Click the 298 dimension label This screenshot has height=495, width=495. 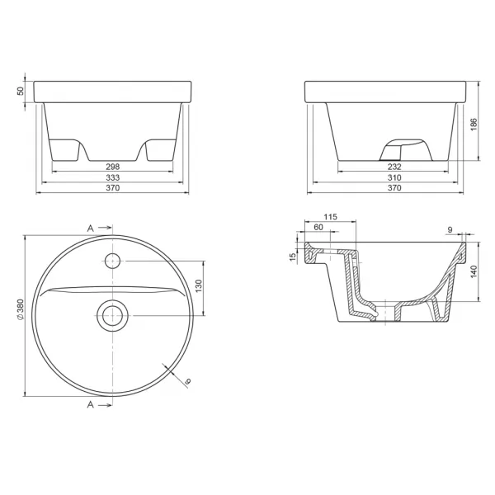(x=113, y=167)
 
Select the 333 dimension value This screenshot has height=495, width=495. (x=113, y=177)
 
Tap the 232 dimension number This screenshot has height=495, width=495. (x=394, y=167)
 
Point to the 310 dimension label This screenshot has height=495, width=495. (x=394, y=177)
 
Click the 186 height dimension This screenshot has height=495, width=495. (x=474, y=125)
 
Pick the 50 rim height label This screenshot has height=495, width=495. (x=20, y=91)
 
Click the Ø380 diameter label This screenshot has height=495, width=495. (x=20, y=309)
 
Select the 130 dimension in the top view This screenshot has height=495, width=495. (x=198, y=285)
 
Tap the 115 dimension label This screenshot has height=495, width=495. (x=330, y=217)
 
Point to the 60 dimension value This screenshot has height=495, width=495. (x=318, y=227)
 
